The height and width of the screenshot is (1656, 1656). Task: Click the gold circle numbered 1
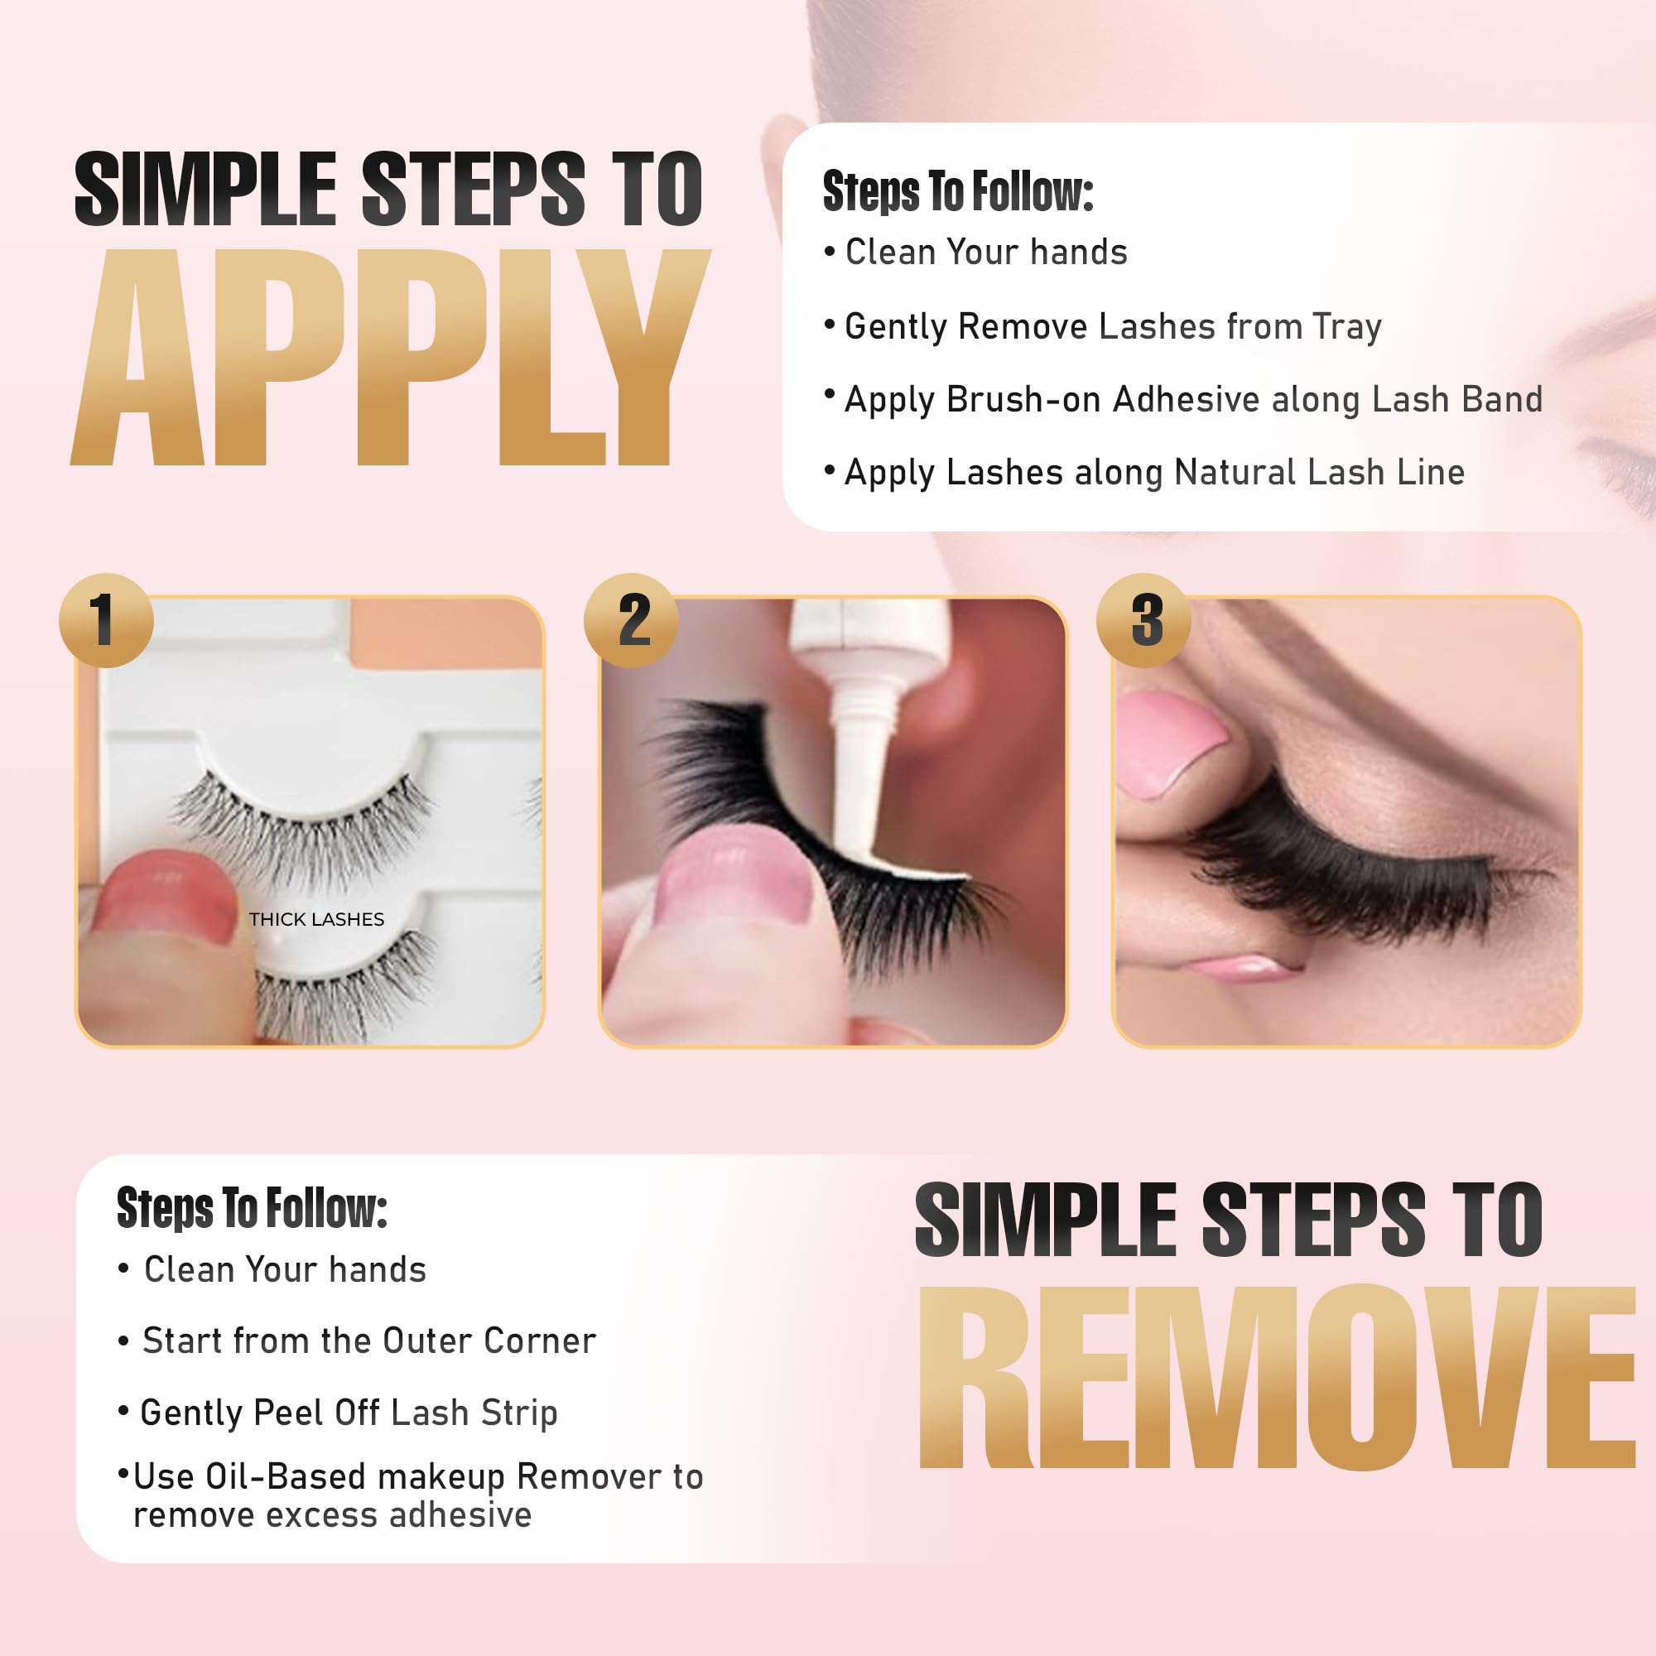click(x=105, y=619)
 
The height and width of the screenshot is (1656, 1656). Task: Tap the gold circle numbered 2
click(x=631, y=619)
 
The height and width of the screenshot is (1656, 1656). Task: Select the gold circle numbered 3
click(x=1143, y=619)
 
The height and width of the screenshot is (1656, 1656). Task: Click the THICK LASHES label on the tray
click(x=316, y=920)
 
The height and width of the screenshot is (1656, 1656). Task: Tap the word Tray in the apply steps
click(x=1346, y=326)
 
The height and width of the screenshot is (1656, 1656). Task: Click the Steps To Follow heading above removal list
click(x=251, y=1208)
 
